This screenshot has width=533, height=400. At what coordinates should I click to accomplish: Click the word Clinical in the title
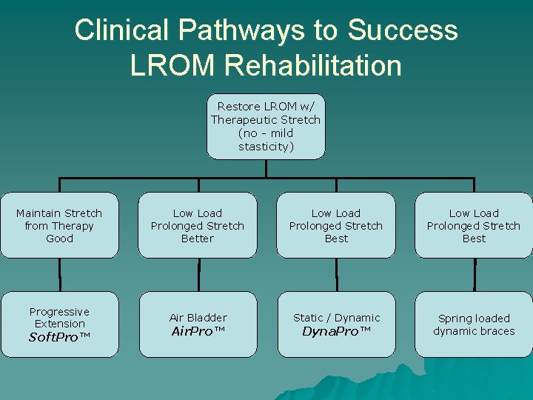click(123, 30)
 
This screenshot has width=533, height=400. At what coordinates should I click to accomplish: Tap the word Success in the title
click(403, 30)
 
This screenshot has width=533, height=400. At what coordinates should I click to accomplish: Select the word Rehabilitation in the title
click(314, 65)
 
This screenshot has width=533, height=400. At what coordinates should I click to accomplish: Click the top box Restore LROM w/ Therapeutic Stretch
click(266, 126)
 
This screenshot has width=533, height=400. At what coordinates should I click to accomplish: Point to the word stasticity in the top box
click(266, 147)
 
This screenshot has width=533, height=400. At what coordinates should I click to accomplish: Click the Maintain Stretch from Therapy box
click(59, 225)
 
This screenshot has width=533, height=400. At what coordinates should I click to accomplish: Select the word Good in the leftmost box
click(59, 239)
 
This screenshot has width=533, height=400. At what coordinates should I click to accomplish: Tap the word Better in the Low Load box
click(198, 239)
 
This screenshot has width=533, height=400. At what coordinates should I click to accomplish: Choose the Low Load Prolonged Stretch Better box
click(198, 225)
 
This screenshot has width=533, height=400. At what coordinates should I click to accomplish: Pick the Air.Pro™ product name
click(198, 331)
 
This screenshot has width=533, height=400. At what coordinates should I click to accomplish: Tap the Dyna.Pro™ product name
click(336, 331)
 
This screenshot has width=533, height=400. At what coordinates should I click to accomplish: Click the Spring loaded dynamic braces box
click(474, 324)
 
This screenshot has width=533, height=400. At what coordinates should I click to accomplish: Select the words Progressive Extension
click(59, 318)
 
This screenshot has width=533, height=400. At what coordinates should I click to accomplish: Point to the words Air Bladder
click(198, 318)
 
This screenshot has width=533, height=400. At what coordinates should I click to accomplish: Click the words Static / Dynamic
click(336, 318)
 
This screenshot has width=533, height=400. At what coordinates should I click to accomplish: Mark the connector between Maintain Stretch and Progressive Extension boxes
click(60, 275)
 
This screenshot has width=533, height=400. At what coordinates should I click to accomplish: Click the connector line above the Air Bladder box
click(198, 275)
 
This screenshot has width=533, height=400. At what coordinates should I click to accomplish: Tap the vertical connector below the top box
click(266, 168)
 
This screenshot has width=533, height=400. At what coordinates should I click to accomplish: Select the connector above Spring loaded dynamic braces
click(475, 275)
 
